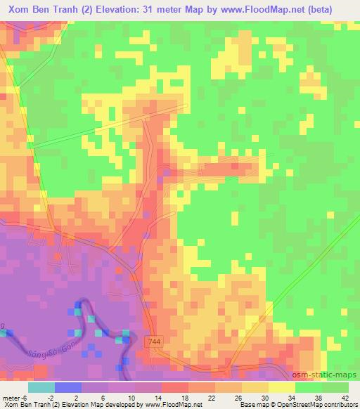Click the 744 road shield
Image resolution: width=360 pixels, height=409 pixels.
[x=155, y=340]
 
